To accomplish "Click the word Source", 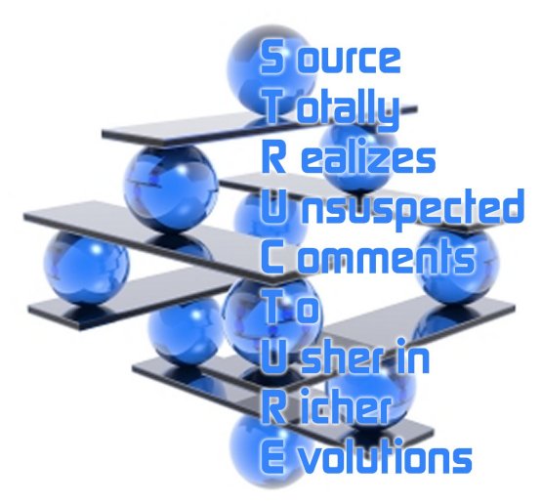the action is [330, 57].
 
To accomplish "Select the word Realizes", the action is [348, 157].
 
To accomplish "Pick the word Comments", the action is [367, 257].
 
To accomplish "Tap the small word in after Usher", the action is [414, 357].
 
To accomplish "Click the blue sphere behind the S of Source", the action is [271, 68].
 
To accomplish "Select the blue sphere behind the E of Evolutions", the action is [267, 449].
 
